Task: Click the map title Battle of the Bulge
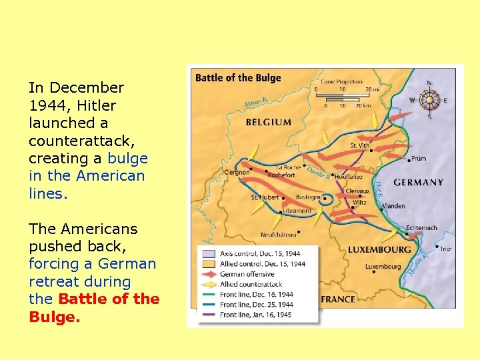tap(238, 78)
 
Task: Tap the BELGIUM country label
tap(268, 122)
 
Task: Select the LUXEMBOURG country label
tap(379, 250)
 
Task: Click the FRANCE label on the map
tap(338, 299)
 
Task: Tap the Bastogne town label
tap(309, 197)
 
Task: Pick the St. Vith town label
tap(359, 145)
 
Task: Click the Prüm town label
tap(419, 159)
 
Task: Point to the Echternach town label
tap(421, 228)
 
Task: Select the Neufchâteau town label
tap(278, 235)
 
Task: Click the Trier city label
tap(445, 249)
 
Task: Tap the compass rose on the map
tap(429, 100)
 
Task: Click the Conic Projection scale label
tap(342, 82)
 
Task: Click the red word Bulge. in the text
tap(55, 317)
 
